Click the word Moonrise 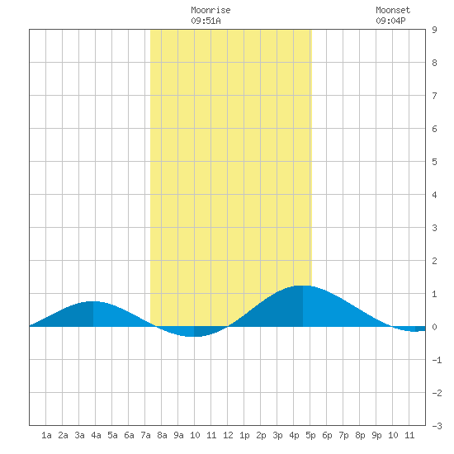point(210,10)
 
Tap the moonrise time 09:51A point(206,21)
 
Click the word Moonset point(393,10)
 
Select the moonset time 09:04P point(390,21)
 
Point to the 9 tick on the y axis point(434,30)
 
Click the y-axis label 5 point(434,162)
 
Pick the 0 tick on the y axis point(434,327)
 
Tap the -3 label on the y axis point(437,426)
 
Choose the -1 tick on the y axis point(437,360)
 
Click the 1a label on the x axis point(46,435)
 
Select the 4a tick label point(96,435)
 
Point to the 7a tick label point(145,435)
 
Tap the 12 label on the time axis point(228,435)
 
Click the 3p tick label point(277,435)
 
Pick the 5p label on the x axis point(310,435)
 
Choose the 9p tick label point(376,435)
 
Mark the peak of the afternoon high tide point(303,286)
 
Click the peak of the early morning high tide point(93,301)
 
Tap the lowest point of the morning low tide point(194,337)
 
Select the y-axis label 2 point(434,261)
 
